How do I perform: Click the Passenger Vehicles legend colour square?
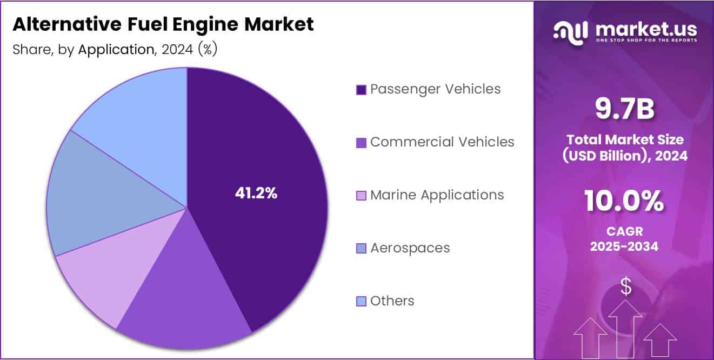361,90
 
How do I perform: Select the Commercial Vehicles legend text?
442,142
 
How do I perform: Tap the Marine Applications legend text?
437,195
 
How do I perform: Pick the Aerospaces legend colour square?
361,249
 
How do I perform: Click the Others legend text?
392,301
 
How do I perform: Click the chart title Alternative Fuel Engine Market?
163,24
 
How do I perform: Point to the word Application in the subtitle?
116,50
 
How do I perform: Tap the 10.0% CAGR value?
624,202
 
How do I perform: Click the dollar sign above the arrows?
625,286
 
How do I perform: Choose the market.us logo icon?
571,31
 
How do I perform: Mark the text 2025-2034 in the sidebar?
625,246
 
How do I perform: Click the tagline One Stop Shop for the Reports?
646,40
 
